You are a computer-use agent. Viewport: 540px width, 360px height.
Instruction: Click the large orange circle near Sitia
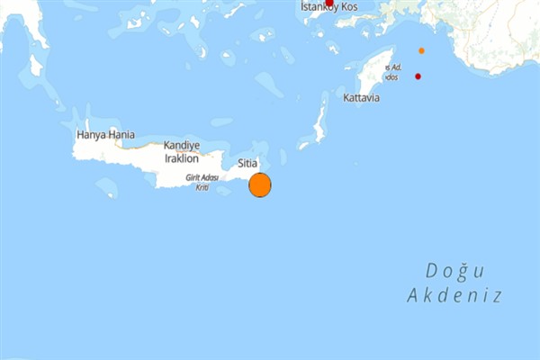[x=259, y=185]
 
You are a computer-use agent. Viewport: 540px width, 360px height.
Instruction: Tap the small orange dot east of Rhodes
[x=421, y=50]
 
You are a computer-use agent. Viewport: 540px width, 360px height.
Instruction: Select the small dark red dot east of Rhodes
[x=418, y=76]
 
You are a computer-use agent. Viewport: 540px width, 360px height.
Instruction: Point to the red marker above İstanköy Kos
[x=328, y=3]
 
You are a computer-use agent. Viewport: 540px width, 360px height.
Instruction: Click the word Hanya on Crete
[x=92, y=135]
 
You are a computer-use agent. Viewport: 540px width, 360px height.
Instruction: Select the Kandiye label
[x=181, y=145]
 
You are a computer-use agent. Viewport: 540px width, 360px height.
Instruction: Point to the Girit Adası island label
[x=203, y=178]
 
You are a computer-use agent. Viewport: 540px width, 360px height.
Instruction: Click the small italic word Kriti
[x=202, y=186]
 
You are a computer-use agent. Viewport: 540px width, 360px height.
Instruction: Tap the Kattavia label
[x=361, y=97]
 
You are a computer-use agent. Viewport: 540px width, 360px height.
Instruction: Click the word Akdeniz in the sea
[x=454, y=295]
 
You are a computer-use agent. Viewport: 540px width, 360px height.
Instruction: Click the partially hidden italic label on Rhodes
[x=392, y=72]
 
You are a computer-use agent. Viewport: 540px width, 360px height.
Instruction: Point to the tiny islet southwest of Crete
[x=106, y=187]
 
